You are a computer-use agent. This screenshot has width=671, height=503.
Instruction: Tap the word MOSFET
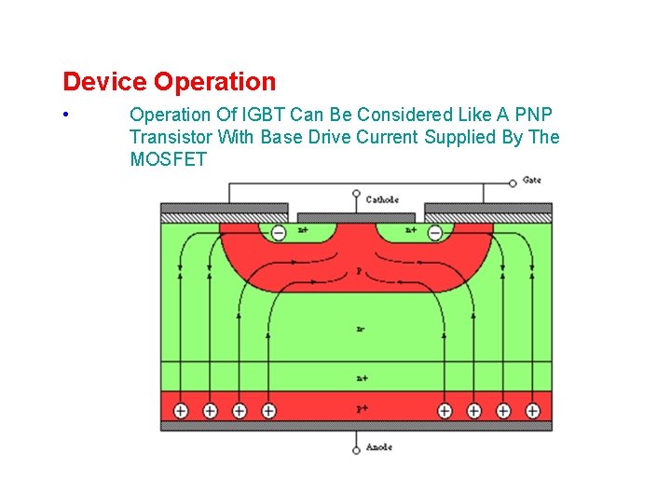tap(168, 159)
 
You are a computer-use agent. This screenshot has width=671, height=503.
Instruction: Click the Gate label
tap(531, 180)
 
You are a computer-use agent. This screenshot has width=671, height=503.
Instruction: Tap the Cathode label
tap(382, 199)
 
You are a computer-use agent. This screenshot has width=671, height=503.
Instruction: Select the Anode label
tap(378, 447)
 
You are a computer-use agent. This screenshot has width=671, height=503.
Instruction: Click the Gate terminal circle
tap(513, 183)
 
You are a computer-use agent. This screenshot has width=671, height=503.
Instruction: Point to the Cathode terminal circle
tap(356, 195)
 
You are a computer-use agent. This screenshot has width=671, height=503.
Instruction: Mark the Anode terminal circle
tap(356, 450)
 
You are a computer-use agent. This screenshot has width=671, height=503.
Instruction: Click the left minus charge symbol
tap(278, 232)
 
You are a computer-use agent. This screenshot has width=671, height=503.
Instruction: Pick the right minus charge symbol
tap(434, 232)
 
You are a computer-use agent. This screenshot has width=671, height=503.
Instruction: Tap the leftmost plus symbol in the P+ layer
tap(181, 410)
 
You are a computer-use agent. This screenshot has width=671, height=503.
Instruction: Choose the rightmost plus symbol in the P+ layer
tap(532, 410)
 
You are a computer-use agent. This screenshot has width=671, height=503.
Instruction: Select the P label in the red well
tap(359, 272)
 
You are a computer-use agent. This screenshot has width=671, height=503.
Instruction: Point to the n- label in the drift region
tap(359, 329)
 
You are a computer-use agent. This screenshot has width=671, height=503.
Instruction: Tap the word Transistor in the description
tap(171, 137)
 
